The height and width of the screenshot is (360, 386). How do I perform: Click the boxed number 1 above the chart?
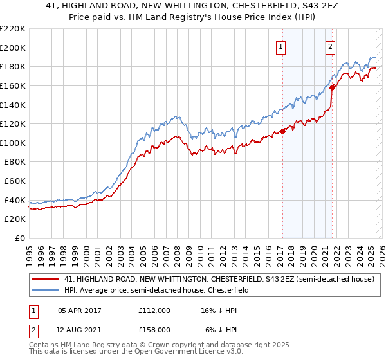282,46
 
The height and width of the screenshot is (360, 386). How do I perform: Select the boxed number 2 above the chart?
330,46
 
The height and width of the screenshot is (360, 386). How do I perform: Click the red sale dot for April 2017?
282,131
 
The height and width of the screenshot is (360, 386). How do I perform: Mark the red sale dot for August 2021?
332,87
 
